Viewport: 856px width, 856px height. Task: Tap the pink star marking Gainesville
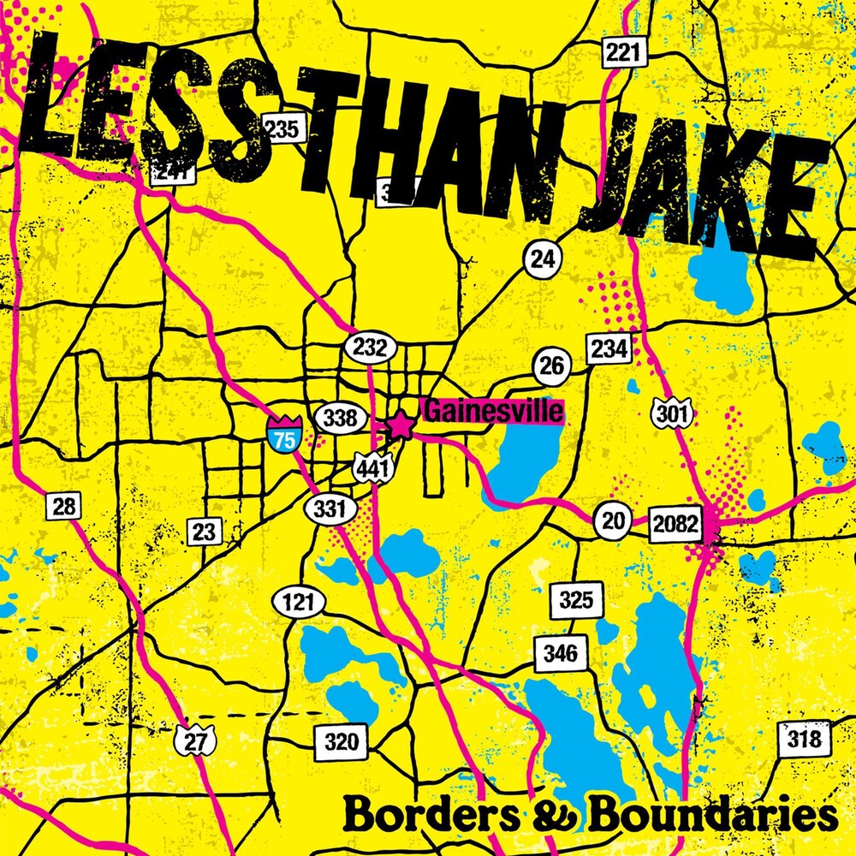pyautogui.click(x=400, y=425)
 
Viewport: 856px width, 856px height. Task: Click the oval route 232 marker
pyautogui.click(x=370, y=348)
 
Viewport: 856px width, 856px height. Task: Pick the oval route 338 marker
pyautogui.click(x=342, y=419)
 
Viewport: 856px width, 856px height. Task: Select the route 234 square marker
pyautogui.click(x=609, y=348)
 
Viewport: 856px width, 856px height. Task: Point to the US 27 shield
pyautogui.click(x=196, y=741)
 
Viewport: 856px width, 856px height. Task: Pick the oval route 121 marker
pyautogui.click(x=299, y=602)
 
